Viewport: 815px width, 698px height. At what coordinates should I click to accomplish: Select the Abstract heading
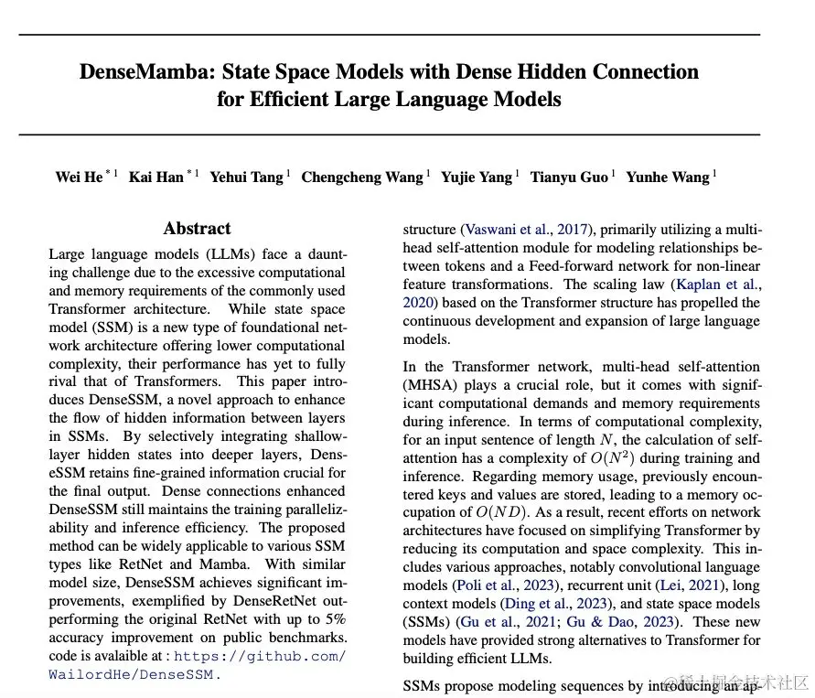tap(197, 229)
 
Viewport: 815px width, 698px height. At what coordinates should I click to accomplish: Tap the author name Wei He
tap(79, 177)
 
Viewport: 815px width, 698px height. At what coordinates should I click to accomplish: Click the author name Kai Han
tap(155, 177)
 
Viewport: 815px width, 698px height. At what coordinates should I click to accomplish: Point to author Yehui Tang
tap(246, 177)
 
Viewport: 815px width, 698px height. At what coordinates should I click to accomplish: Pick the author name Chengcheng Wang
tap(361, 177)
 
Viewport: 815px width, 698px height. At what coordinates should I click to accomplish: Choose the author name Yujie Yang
tap(476, 177)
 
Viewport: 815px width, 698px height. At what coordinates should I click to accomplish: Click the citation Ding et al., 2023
tap(555, 604)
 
